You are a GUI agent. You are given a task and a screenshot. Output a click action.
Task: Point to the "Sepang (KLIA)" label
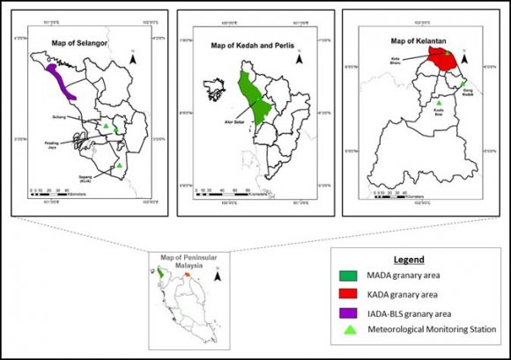tap(86, 174)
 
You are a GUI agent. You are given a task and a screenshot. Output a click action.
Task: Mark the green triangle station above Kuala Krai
tap(440, 103)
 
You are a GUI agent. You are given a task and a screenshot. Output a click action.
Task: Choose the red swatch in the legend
tap(351, 294)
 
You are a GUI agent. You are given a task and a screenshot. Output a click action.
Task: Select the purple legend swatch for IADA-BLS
tap(351, 312)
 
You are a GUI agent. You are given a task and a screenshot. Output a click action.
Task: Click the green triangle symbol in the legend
tap(351, 329)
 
